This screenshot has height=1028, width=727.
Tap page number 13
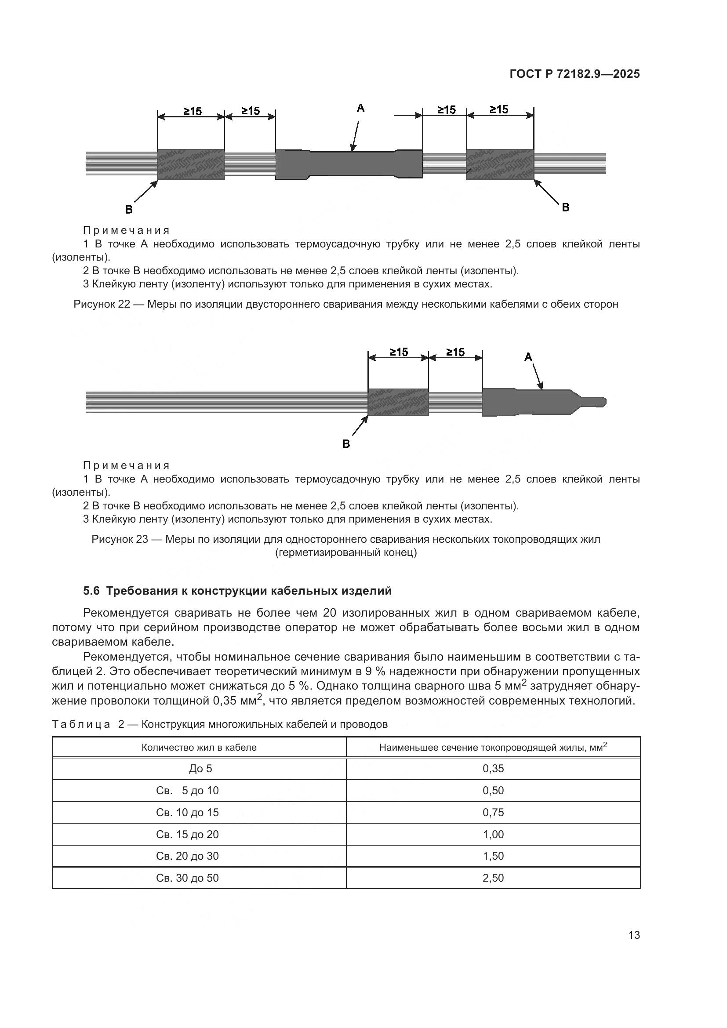[634, 935]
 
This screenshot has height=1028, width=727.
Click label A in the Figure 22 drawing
[360, 108]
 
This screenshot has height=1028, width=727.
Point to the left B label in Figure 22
[129, 210]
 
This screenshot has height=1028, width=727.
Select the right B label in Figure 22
[565, 207]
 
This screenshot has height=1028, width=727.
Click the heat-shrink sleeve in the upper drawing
[349, 164]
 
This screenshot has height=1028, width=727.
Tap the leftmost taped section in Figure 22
[191, 164]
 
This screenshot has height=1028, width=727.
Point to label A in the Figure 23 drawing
[528, 357]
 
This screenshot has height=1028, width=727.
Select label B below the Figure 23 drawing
[346, 444]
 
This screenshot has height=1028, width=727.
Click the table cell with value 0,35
[493, 769]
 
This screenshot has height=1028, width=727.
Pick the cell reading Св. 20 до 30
[187, 856]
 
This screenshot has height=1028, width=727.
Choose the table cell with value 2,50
[493, 878]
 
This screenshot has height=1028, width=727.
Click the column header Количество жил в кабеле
[199, 747]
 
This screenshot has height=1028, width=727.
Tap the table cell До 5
[200, 769]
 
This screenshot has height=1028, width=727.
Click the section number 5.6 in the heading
[91, 591]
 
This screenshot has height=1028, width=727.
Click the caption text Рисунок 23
[119, 539]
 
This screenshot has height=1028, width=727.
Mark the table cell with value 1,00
[493, 835]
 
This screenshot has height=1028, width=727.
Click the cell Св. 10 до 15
[187, 813]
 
